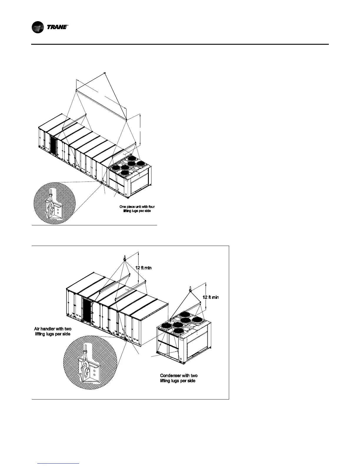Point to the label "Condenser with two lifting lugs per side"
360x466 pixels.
(179, 378)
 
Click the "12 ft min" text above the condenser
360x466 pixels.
(211, 297)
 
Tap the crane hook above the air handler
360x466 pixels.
(124, 258)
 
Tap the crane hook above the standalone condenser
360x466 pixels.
(190, 289)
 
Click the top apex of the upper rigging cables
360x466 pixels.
(105, 73)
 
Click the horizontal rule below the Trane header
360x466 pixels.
(180, 44)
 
